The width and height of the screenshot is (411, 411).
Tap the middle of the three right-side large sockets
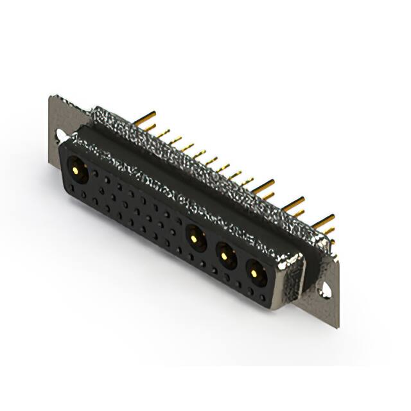[x=225, y=256]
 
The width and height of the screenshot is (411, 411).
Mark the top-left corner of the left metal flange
[x=51, y=96]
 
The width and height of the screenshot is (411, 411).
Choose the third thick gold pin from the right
[x=263, y=186]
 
